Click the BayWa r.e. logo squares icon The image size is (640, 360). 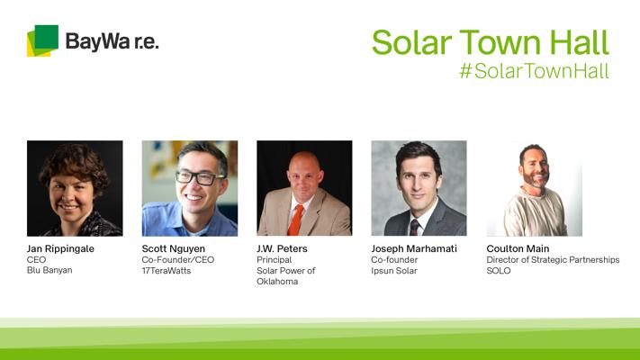[x=42, y=40]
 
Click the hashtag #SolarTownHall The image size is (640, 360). [x=534, y=70]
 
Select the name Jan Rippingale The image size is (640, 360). [x=60, y=249]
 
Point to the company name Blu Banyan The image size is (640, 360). [x=50, y=270]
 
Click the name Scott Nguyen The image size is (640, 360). [x=174, y=249]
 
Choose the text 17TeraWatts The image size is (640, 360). [x=167, y=271]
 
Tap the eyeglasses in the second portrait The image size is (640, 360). [x=200, y=177]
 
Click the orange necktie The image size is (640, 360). [x=295, y=220]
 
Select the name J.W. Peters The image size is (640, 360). [x=282, y=248]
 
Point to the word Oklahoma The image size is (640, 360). [x=277, y=281]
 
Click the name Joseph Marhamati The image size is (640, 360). [x=414, y=248]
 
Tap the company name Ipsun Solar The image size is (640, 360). [x=394, y=271]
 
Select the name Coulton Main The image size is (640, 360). [x=518, y=248]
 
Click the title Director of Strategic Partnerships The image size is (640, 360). [x=553, y=260]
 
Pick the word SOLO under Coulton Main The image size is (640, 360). [x=499, y=271]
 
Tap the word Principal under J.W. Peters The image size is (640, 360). [x=275, y=260]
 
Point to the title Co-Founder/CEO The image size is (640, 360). [x=178, y=259]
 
